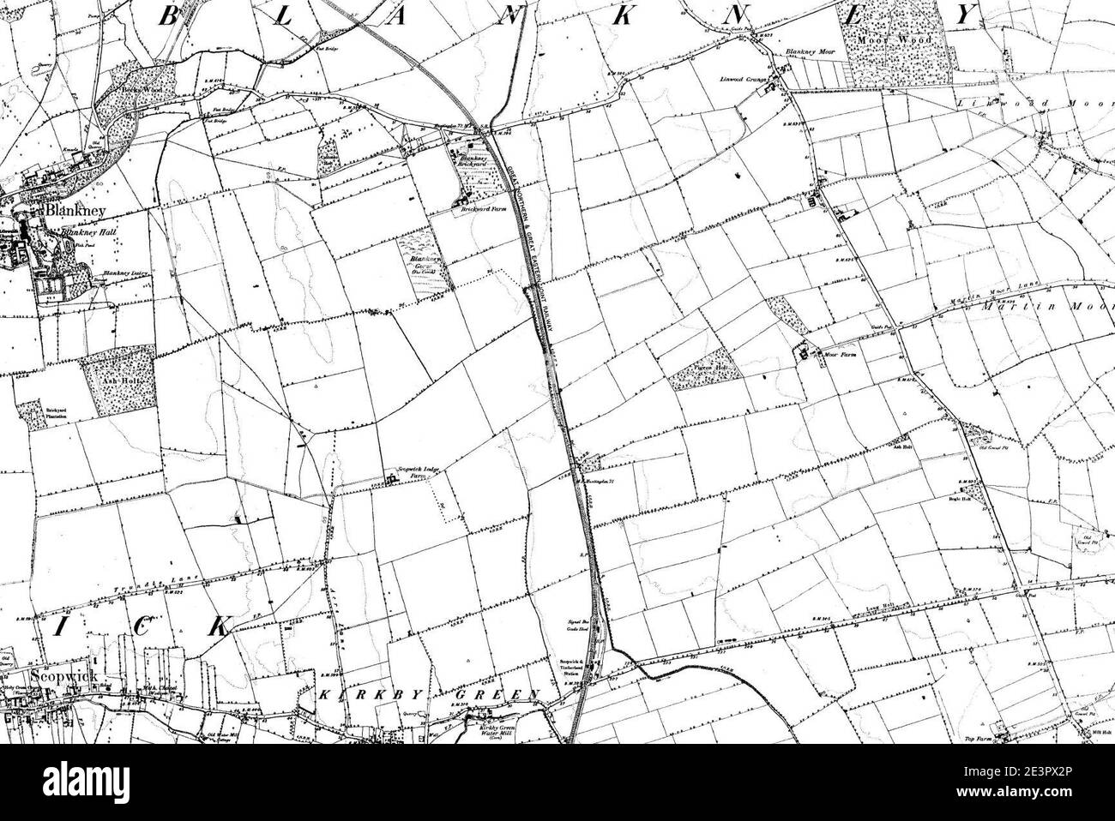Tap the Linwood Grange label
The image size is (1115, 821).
pyautogui.click(x=742, y=80)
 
